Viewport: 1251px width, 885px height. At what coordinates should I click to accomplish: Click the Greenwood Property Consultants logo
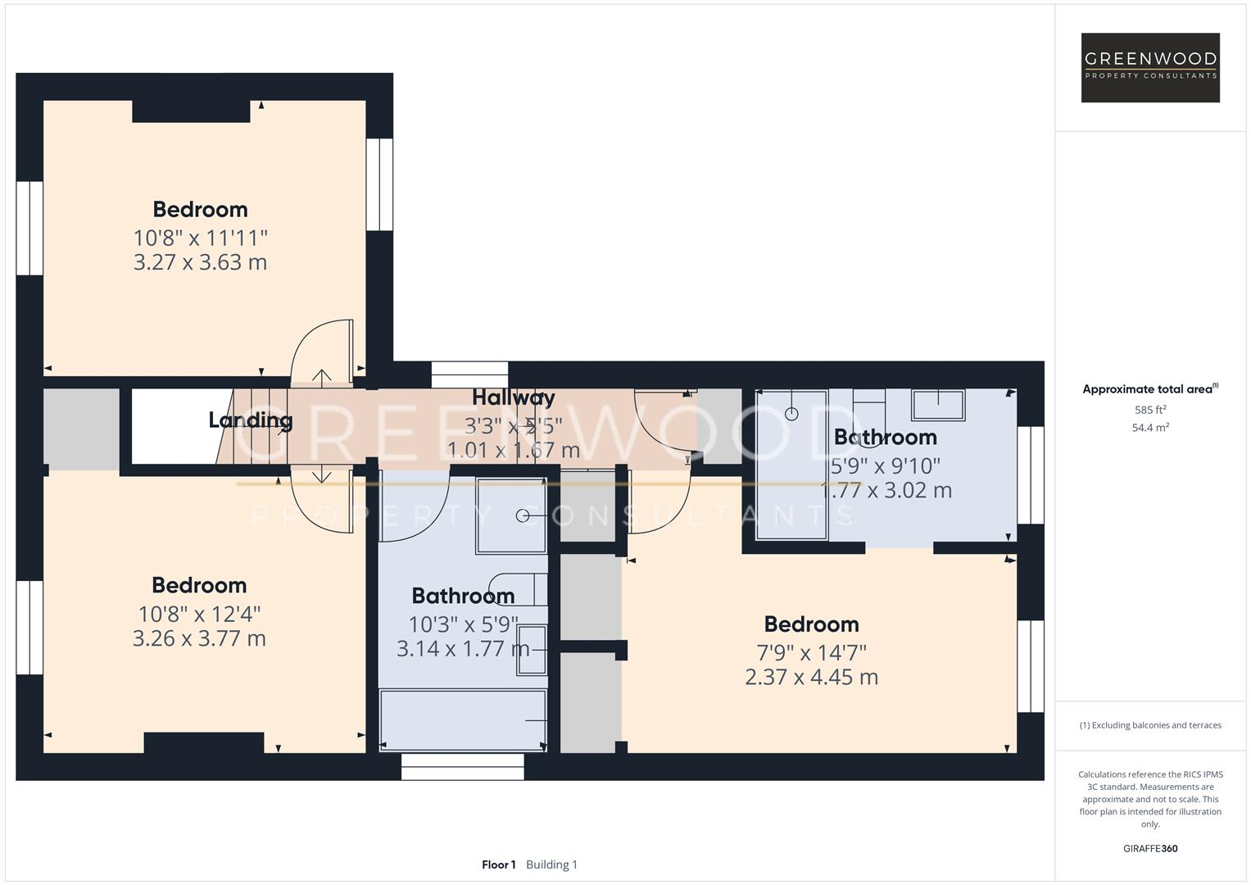[1150, 67]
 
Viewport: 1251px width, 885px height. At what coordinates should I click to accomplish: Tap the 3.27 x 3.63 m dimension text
[200, 262]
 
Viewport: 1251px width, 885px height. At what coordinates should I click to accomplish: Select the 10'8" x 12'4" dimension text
[200, 614]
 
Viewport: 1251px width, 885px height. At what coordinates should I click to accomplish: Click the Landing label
[250, 420]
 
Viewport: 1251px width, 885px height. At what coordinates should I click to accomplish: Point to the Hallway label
[514, 398]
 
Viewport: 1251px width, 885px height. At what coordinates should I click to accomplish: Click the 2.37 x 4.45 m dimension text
[811, 677]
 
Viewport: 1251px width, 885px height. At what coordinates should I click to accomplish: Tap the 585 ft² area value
[1150, 410]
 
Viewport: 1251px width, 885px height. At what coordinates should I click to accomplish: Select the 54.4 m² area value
[1150, 428]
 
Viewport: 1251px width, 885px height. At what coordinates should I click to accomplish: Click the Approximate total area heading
[1149, 389]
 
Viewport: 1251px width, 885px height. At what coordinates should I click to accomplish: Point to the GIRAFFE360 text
[1150, 848]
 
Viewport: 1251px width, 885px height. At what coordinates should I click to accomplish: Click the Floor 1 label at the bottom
[498, 865]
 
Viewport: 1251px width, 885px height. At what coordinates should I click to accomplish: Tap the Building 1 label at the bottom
[551, 865]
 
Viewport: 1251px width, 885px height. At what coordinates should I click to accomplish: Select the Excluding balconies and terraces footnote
[1150, 725]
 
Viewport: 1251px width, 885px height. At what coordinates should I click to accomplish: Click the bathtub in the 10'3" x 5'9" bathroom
[463, 719]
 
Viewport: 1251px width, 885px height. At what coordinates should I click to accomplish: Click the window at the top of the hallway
[469, 374]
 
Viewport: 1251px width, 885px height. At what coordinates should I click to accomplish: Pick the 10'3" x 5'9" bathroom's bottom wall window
[462, 766]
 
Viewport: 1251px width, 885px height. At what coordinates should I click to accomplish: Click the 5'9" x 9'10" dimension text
[885, 465]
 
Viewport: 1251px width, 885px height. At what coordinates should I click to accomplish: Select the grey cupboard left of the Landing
[81, 429]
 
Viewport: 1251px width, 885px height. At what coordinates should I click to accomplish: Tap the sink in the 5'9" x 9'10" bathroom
[938, 405]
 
